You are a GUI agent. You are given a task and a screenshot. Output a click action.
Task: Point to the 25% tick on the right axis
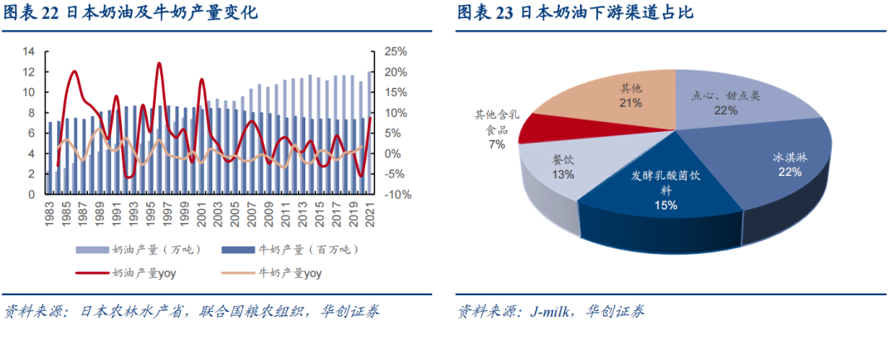coord(397,51)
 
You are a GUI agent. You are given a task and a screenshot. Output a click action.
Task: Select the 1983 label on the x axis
coord(52,215)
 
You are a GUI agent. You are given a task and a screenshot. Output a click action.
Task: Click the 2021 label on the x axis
coord(371,215)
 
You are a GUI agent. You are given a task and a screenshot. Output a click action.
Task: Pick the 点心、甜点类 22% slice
coord(730,100)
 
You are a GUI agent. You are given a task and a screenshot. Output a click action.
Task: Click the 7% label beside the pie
coord(496,144)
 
